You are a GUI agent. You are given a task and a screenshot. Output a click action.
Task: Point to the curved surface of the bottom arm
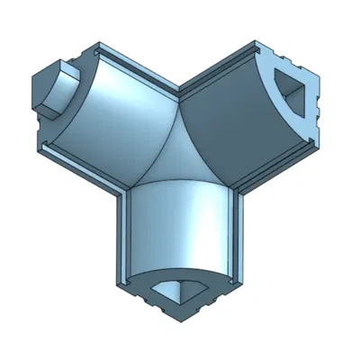click(180, 225)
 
